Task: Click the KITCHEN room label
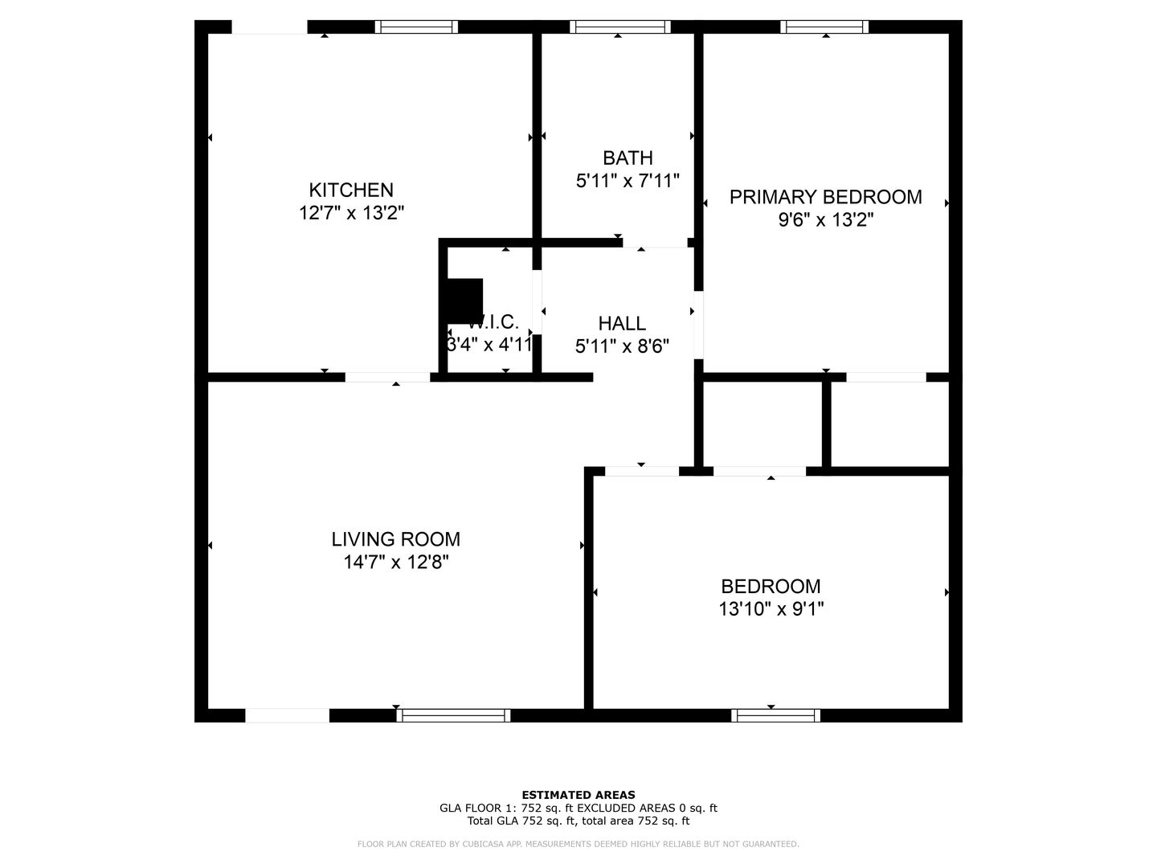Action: [351, 190]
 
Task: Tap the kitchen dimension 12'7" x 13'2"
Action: [351, 213]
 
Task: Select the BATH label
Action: [628, 158]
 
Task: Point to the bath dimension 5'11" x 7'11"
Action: [628, 181]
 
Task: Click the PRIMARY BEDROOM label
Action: [825, 197]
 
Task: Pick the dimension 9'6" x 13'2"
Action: [825, 219]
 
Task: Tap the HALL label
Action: [622, 324]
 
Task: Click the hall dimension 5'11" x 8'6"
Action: [622, 346]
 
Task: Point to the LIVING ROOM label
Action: [396, 539]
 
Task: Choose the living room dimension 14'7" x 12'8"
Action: [396, 562]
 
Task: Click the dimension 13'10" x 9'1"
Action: [771, 609]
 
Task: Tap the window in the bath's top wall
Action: [619, 27]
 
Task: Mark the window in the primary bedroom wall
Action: [824, 27]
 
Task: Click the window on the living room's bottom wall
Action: [453, 715]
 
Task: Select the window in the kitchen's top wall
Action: [416, 27]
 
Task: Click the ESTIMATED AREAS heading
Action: [578, 795]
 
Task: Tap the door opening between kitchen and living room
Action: [387, 377]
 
